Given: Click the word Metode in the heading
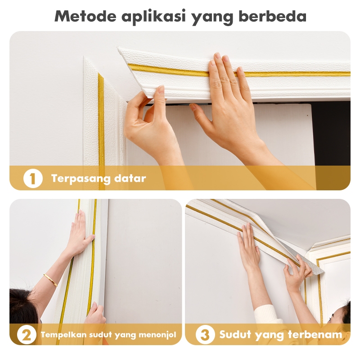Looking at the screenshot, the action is coord(85,16).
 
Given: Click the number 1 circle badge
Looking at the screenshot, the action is coord(33,178).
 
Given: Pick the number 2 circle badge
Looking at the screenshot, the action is coord(27,335).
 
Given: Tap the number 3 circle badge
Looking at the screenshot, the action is coord(205,334).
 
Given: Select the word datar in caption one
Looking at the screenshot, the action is coord(130,178).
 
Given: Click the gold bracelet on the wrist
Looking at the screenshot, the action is coord(50,280).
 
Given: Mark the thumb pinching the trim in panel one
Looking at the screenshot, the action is coord(160,92).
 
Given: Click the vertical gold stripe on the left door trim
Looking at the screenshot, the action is coord(101,119).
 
